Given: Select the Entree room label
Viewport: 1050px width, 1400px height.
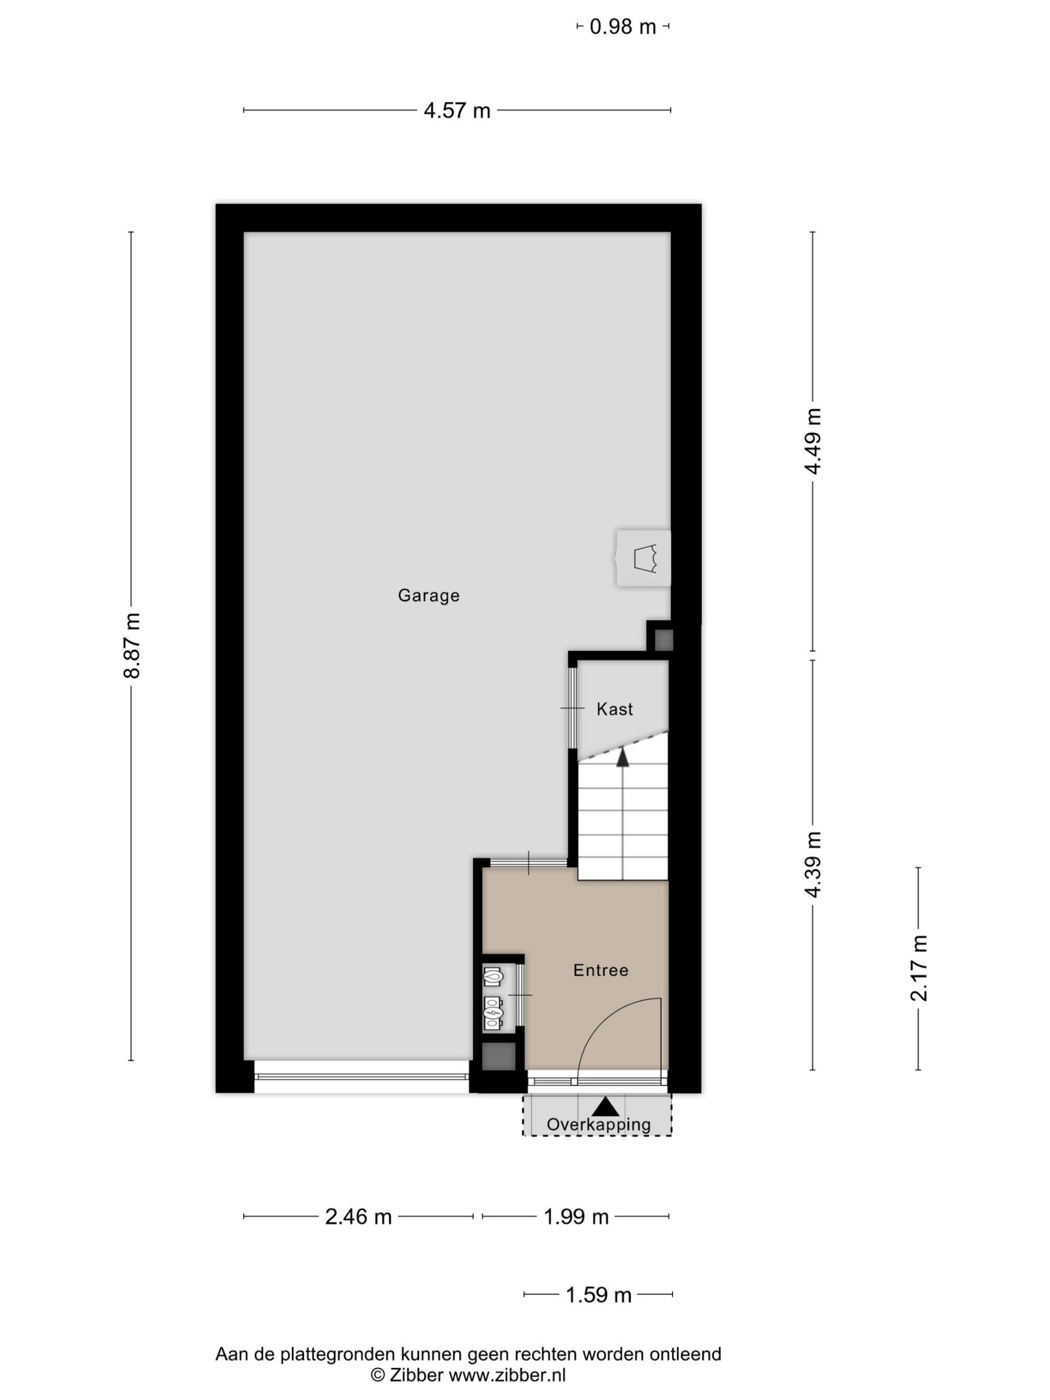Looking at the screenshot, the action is click(x=601, y=970).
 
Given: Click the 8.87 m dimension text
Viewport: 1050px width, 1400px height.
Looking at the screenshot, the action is click(x=132, y=645).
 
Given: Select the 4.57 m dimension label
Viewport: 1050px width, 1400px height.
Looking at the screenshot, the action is click(x=457, y=111).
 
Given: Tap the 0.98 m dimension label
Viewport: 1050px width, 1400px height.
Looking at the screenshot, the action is click(x=623, y=27).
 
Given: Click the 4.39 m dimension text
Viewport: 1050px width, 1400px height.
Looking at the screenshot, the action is click(x=813, y=865).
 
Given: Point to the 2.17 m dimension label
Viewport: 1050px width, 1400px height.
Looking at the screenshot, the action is click(x=918, y=969).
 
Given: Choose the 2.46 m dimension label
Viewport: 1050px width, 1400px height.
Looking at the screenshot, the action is click(x=358, y=1217).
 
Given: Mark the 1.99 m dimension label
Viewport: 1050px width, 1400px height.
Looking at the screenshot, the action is click(x=576, y=1217).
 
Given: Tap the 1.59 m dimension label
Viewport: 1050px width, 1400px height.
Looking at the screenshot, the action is click(x=598, y=1296).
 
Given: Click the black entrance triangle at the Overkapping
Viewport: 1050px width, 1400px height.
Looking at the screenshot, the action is click(x=606, y=1107).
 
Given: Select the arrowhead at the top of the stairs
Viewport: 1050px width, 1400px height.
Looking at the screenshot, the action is click(x=623, y=757).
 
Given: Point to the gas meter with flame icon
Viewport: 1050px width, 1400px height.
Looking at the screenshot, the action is click(x=493, y=976).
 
